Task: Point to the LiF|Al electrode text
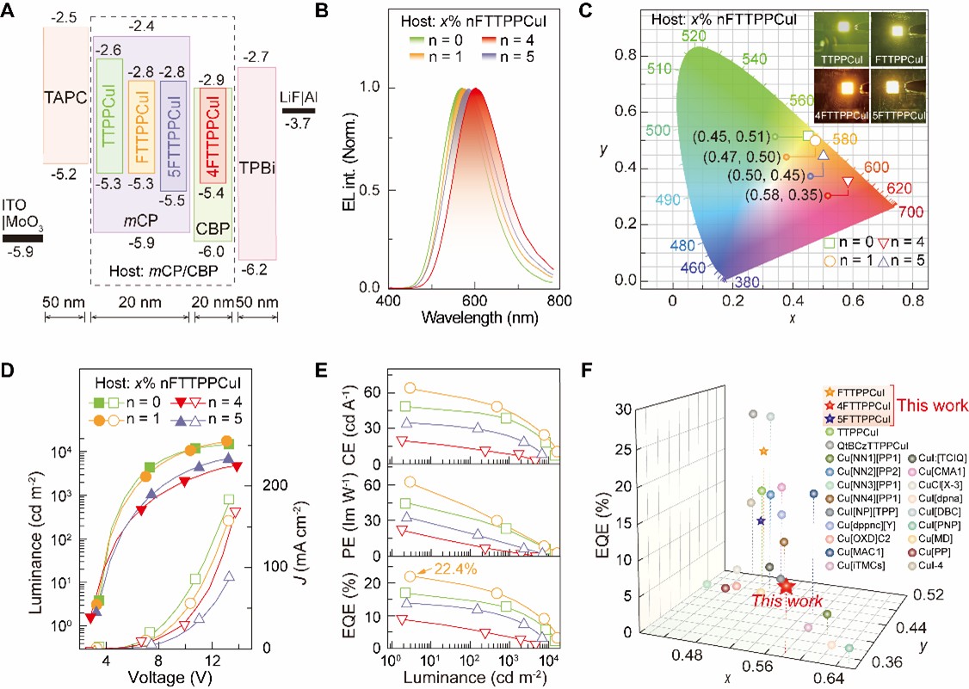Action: pyautogui.click(x=298, y=94)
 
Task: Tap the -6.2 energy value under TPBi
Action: pyautogui.click(x=256, y=270)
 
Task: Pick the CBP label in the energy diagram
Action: pyautogui.click(x=213, y=229)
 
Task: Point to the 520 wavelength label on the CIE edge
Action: pyautogui.click(x=694, y=35)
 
